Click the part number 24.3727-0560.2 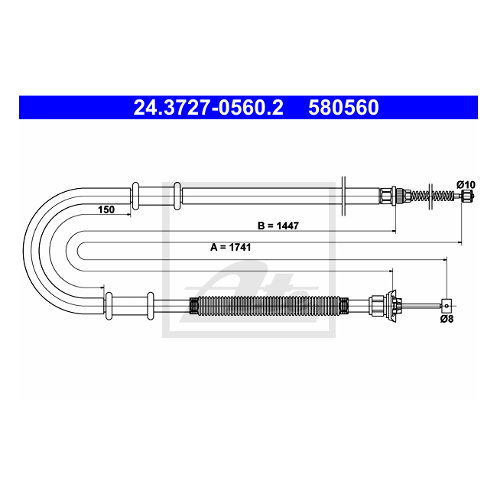click(208, 108)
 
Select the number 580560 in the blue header click(343, 108)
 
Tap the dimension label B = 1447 click(278, 226)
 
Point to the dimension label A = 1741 click(231, 247)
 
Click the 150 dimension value click(106, 210)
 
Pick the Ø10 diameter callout click(466, 184)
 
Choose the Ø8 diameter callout click(447, 319)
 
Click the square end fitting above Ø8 click(447, 305)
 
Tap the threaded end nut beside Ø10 click(465, 197)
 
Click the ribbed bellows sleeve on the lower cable click(268, 306)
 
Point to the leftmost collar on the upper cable click(135, 195)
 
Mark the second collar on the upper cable click(177, 195)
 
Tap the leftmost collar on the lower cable click(109, 306)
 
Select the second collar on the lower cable click(151, 306)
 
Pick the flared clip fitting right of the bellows click(395, 305)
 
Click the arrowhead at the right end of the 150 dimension click(128, 216)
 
